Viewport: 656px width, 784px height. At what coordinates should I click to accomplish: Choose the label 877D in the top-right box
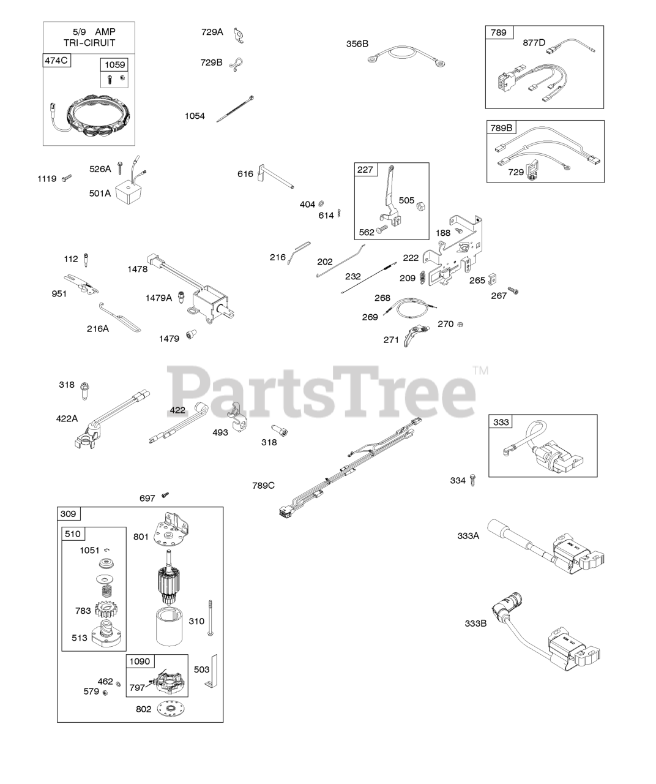click(534, 43)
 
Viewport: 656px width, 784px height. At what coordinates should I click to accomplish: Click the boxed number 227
click(365, 170)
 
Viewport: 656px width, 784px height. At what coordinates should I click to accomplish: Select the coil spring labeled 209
click(422, 278)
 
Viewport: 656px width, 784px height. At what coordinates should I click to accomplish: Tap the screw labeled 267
click(513, 292)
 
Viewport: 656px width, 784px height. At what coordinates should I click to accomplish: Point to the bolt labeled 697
click(164, 495)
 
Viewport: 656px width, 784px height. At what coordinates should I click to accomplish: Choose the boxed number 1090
click(140, 661)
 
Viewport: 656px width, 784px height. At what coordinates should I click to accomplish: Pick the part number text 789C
click(263, 486)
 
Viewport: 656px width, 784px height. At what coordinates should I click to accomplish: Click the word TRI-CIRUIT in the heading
click(89, 43)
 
